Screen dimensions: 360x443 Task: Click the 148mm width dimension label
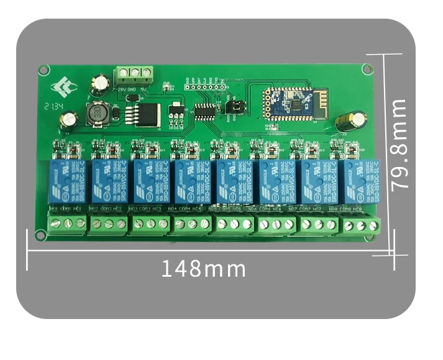(203, 269)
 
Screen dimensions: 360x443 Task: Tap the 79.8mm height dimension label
(398, 144)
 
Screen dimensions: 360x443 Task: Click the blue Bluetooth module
(291, 103)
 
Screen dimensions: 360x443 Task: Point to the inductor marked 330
(96, 115)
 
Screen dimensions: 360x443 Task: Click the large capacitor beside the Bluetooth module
(344, 120)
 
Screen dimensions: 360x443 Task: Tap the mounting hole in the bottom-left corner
(40, 235)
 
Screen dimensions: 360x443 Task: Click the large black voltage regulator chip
(147, 114)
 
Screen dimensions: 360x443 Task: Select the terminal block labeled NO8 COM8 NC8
(362, 227)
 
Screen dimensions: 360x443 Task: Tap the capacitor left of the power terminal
(99, 82)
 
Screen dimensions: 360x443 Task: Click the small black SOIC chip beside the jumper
(204, 111)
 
